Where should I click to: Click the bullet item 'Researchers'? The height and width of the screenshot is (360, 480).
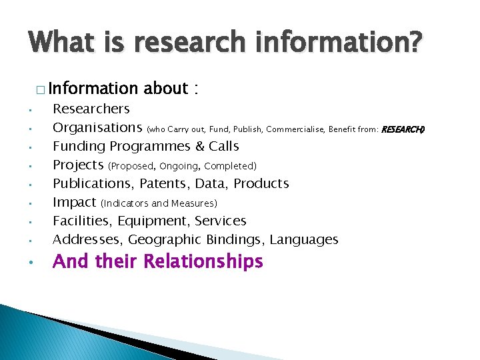point(91,109)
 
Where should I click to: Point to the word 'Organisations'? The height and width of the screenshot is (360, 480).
point(97,127)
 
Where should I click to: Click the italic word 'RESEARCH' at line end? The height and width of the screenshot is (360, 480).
point(402,129)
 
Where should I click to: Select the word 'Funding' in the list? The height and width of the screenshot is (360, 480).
point(79,146)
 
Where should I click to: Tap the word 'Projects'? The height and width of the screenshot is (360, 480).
point(78,165)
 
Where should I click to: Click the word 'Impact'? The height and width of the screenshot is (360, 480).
point(74,202)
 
